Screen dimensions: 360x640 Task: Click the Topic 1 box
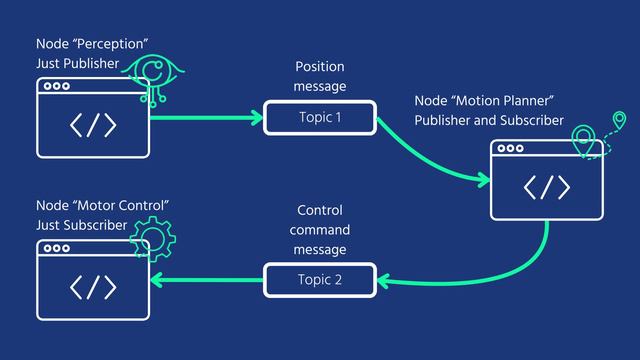click(x=319, y=118)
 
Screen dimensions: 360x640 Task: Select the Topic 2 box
click(x=319, y=279)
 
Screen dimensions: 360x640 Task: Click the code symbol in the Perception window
click(x=93, y=126)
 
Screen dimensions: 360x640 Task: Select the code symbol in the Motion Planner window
click(x=547, y=187)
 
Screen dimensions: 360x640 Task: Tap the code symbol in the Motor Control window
click(x=93, y=286)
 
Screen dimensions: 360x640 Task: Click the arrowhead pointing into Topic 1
click(x=256, y=118)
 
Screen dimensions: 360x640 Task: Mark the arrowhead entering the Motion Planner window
click(x=484, y=180)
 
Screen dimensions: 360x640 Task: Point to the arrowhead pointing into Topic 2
click(x=384, y=280)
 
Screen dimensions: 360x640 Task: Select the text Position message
click(x=319, y=78)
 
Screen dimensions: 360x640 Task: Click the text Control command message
click(x=319, y=229)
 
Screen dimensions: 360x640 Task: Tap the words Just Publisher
click(x=77, y=62)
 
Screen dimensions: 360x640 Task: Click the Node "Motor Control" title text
click(x=101, y=205)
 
